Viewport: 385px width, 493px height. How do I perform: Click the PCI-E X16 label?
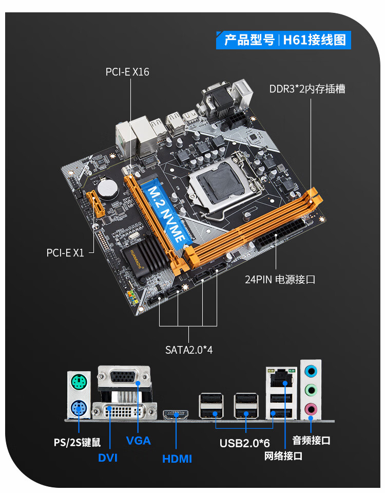127,72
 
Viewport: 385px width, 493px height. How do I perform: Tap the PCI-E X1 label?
65,252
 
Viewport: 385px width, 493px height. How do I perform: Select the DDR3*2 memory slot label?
307,89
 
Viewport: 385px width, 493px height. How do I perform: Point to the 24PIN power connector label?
280,280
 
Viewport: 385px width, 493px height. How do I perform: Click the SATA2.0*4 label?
189,350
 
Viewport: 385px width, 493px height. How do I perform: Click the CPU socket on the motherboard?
218,183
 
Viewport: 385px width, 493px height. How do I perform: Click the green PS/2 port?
79,382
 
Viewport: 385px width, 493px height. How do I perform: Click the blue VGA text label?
139,441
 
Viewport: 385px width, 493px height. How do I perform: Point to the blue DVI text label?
108,457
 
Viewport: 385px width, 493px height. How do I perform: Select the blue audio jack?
311,371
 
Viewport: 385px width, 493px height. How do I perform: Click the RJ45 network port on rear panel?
278,378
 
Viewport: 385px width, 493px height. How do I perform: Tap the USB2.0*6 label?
245,443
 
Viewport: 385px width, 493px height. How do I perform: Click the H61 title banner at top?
284,40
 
